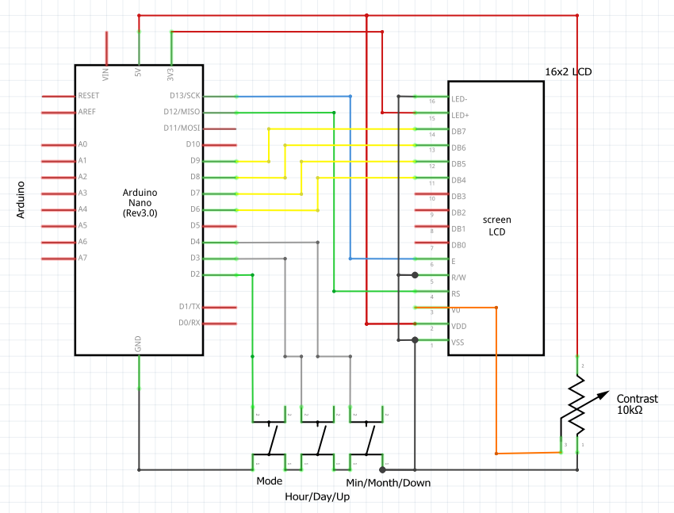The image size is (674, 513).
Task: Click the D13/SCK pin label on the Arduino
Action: coord(182,95)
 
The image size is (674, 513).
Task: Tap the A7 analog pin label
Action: coord(82,258)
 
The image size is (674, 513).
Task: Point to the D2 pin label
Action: coord(194,274)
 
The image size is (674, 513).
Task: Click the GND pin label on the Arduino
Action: coord(139,344)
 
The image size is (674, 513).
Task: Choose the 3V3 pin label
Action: coord(171,75)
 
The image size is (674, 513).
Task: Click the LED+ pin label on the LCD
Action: coord(459,115)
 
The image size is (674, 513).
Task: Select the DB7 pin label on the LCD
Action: coord(458,132)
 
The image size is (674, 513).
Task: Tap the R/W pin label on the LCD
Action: coord(458,278)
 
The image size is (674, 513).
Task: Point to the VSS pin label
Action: coord(458,343)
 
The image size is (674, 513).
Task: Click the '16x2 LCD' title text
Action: coord(568,71)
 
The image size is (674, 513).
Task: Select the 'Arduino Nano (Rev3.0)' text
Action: coord(140,203)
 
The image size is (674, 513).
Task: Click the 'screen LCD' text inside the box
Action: coord(496,225)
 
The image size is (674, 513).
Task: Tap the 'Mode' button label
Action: coord(269,481)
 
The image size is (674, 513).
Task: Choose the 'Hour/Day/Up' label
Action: coord(317,497)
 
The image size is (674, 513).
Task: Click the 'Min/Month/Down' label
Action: coord(389,482)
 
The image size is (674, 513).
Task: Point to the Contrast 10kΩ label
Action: coord(637,404)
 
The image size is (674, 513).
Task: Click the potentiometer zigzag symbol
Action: coord(578,406)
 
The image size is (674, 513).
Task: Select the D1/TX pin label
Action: coord(190,307)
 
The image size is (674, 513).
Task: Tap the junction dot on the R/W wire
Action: coord(415,275)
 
